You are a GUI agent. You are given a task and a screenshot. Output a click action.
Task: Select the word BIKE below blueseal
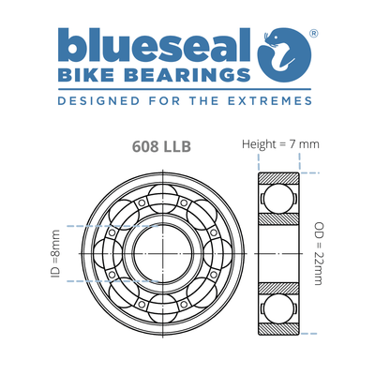tap(87, 75)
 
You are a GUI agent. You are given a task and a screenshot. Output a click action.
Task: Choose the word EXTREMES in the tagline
tap(276, 98)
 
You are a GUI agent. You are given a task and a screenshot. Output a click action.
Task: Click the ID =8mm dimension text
tap(55, 254)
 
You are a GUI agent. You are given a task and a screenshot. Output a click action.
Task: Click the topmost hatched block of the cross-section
tap(278, 178)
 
